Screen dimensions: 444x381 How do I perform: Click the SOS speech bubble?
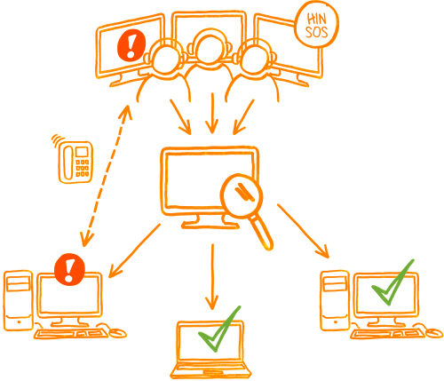click(317, 26)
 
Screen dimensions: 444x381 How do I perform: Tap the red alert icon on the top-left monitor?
click(131, 45)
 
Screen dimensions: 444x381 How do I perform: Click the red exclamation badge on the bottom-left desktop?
click(69, 269)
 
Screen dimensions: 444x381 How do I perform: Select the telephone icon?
click(75, 162)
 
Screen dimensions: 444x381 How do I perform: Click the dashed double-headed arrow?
click(105, 176)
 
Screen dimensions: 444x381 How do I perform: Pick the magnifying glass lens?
click(242, 196)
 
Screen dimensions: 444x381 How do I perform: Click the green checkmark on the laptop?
click(219, 329)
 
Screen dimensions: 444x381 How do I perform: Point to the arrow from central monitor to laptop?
click(212, 277)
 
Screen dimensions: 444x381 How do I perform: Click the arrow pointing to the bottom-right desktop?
click(303, 231)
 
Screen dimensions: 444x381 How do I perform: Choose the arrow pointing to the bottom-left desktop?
click(135, 250)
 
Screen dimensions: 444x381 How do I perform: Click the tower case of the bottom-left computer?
click(19, 300)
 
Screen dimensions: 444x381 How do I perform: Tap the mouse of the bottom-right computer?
click(434, 332)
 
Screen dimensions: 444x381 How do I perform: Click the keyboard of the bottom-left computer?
click(71, 334)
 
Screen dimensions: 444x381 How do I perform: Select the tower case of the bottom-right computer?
click(335, 300)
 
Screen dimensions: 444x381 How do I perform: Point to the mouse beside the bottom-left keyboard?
click(118, 333)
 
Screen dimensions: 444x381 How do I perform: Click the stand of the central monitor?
click(210, 221)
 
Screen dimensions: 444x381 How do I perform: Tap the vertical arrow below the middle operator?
click(212, 113)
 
